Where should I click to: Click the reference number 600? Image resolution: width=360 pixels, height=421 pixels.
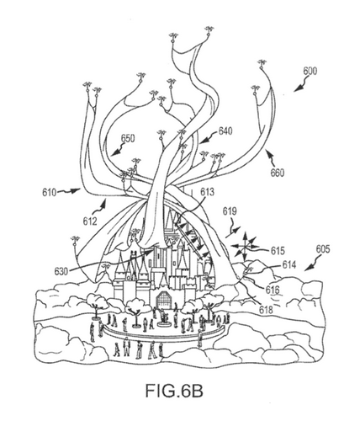[310, 71]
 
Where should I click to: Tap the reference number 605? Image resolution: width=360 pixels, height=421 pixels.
[323, 249]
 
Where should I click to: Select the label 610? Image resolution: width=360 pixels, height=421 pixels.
[50, 193]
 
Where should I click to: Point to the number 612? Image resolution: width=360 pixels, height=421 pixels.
[90, 221]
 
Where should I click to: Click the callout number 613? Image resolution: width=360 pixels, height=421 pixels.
[207, 192]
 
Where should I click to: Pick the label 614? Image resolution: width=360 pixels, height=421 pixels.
[289, 264]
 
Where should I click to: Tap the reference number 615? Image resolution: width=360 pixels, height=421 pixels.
[278, 251]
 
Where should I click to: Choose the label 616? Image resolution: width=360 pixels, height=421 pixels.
[273, 290]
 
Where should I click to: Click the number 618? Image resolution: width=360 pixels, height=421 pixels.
[266, 310]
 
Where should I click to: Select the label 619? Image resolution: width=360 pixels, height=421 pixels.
[230, 211]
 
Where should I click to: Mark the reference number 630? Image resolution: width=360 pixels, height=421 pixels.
[61, 271]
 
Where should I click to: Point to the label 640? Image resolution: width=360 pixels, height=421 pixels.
[225, 131]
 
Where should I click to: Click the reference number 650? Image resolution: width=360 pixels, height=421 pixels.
[128, 139]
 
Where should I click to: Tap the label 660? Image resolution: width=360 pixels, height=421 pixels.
[278, 173]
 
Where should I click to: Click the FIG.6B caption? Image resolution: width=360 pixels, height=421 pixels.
[174, 391]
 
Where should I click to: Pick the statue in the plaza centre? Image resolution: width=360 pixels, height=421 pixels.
[164, 317]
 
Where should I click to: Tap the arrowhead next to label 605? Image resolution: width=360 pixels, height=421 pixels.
[308, 269]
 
